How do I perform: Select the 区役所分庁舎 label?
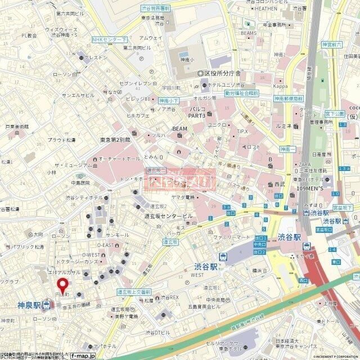(222, 73)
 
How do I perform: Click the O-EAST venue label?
(105, 245)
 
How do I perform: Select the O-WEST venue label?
(106, 255)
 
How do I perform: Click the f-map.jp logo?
(83, 355)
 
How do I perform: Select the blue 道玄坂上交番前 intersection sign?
(134, 292)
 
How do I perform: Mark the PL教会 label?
(29, 35)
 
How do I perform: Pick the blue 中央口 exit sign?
(259, 245)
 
